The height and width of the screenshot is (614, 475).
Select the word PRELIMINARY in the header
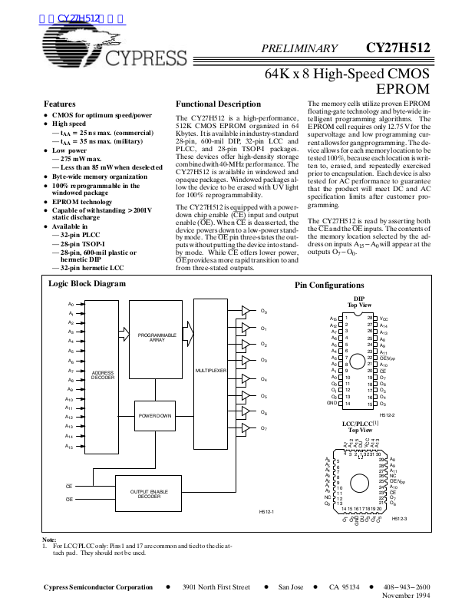(299, 48)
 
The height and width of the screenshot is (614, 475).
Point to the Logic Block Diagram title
(87, 284)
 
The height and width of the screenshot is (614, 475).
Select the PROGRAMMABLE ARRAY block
(157, 338)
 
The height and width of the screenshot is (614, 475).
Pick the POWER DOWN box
(155, 415)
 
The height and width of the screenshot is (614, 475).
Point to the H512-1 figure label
(266, 510)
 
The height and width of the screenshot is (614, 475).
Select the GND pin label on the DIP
(332, 403)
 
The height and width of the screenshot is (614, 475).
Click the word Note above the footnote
(48, 540)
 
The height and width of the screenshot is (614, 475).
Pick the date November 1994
(406, 596)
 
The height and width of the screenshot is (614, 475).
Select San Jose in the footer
(291, 586)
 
